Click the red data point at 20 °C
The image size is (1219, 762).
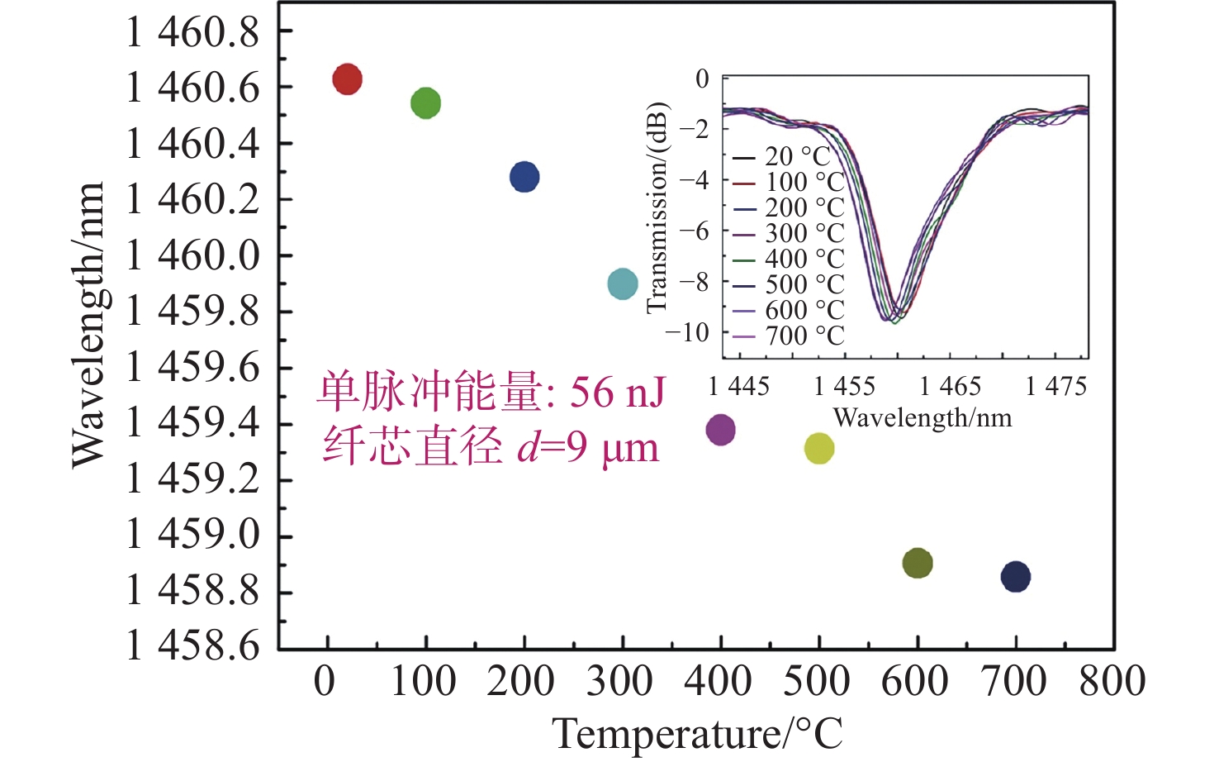(x=347, y=79)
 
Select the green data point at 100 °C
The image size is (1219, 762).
(x=425, y=103)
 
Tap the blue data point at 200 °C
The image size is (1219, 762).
(x=524, y=177)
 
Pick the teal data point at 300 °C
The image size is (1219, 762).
(x=623, y=284)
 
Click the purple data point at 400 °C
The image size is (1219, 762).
(x=721, y=430)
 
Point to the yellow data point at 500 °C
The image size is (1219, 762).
(x=819, y=449)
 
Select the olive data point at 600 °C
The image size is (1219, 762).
(x=918, y=564)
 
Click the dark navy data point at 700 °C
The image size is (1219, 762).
(x=1016, y=577)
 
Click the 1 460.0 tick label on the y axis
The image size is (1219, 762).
(x=192, y=255)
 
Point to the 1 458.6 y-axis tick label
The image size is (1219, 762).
(x=192, y=645)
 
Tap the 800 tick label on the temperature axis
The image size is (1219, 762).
(x=1112, y=682)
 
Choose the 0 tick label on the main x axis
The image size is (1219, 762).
(x=325, y=682)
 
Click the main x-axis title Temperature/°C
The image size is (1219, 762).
(x=698, y=734)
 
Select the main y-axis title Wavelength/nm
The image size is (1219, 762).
(x=88, y=324)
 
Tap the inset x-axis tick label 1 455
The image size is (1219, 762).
(x=844, y=386)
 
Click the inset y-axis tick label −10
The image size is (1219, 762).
(x=687, y=332)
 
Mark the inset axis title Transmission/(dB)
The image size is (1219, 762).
(x=657, y=208)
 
